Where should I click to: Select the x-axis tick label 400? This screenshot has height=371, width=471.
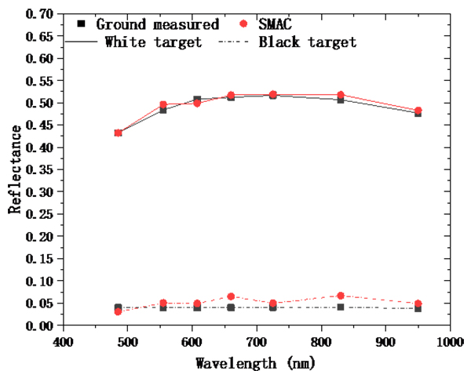click(64, 341)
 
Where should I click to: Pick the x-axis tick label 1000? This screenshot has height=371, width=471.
click(448, 341)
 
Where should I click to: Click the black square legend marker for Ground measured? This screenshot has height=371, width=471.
click(83, 25)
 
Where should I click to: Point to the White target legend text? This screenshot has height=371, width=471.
click(153, 42)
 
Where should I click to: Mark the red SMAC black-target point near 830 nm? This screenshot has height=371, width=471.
click(341, 296)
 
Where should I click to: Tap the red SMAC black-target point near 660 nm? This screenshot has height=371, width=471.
click(231, 296)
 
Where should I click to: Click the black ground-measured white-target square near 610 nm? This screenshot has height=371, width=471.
click(197, 100)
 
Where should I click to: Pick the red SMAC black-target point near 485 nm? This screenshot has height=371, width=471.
click(119, 311)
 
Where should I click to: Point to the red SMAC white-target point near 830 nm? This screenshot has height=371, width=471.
click(341, 95)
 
